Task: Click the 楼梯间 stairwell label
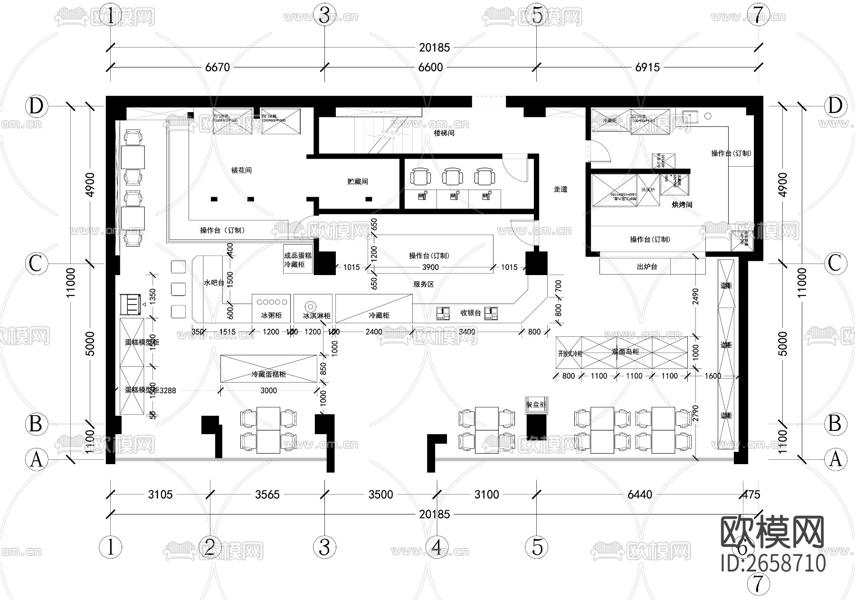(x=444, y=133)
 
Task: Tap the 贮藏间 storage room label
(x=358, y=181)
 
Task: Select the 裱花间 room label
(x=241, y=170)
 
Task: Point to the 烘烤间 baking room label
(x=682, y=205)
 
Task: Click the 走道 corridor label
(x=560, y=189)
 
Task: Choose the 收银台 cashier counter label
(x=471, y=313)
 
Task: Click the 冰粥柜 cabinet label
(x=271, y=315)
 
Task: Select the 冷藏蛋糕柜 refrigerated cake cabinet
(x=269, y=374)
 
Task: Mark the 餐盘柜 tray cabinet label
(x=536, y=405)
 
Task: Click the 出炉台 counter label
(x=647, y=267)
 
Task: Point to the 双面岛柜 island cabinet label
(x=625, y=352)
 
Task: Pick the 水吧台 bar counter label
(x=214, y=282)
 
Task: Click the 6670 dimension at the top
(x=218, y=67)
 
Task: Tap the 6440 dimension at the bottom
(x=640, y=495)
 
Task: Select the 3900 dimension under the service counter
(x=430, y=267)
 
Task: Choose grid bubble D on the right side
(x=835, y=106)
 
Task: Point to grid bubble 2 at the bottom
(x=210, y=547)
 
